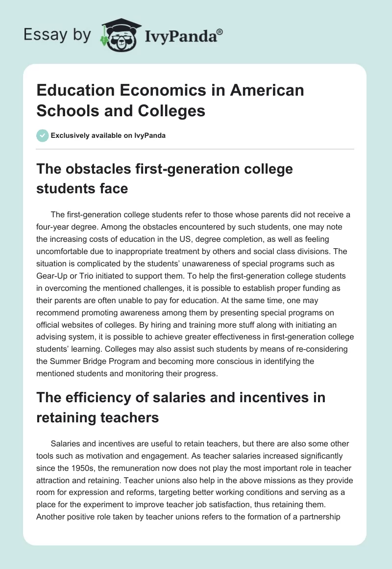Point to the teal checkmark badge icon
42,135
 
